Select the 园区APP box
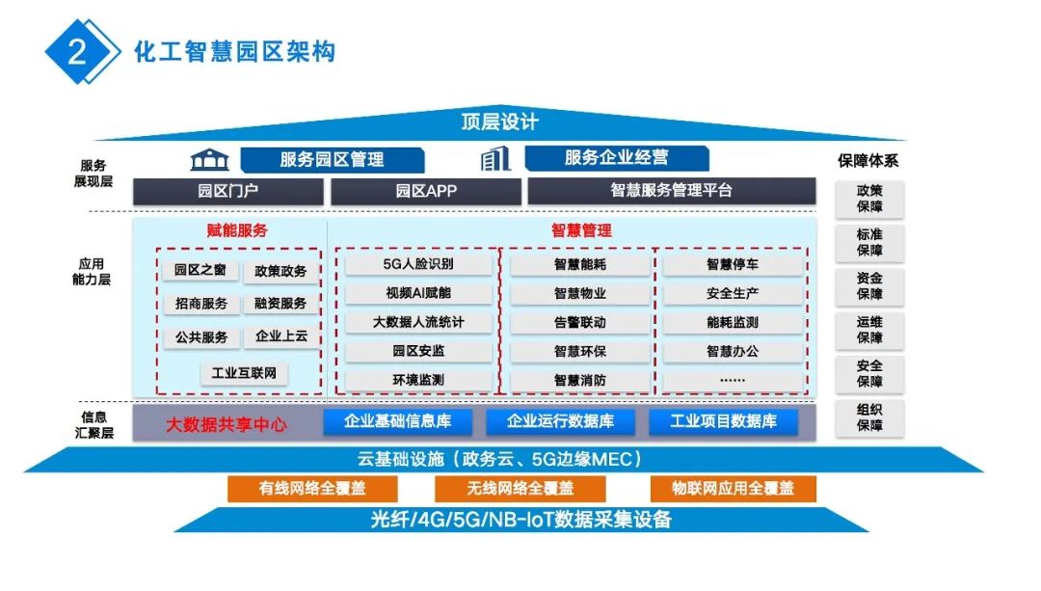425,191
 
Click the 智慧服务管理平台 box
671,191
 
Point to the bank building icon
209,159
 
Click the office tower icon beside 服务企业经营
495,159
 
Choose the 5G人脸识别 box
418,264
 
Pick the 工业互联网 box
244,373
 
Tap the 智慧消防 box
579,380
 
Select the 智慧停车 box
733,264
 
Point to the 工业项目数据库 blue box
723,421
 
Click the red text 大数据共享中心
226,423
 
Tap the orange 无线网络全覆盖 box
520,489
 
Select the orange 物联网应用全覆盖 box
733,489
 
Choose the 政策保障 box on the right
869,199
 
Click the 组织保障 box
869,417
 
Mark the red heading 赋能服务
237,231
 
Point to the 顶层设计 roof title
499,123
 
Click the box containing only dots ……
733,380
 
